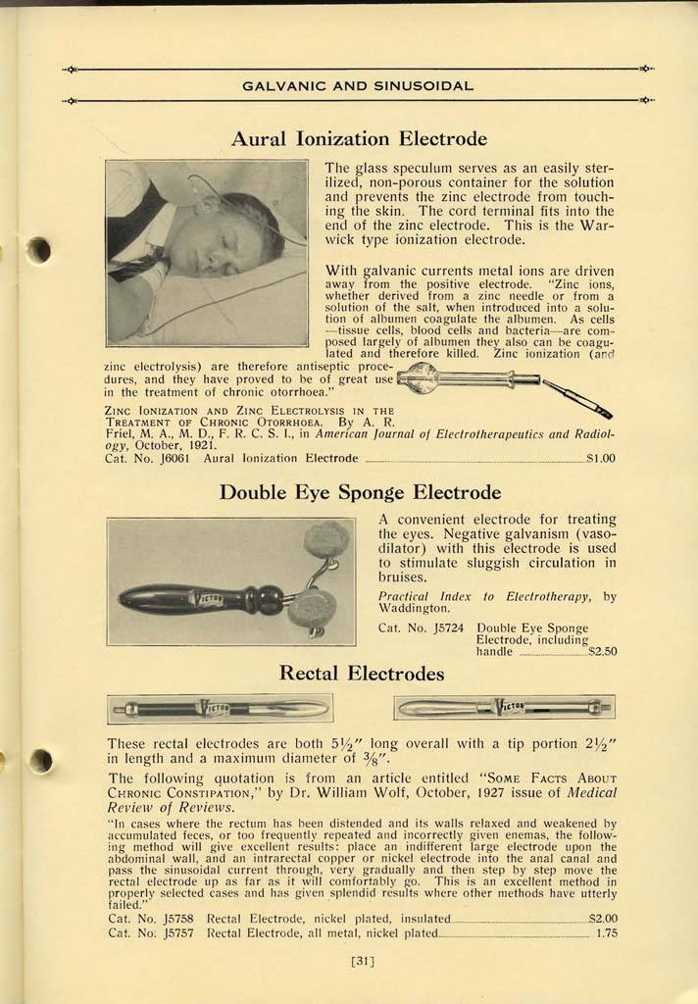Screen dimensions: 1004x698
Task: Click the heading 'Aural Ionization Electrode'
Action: coord(359,139)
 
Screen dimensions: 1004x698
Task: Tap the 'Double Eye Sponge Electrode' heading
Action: coord(360,492)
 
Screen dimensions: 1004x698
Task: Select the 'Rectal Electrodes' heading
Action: coord(361,674)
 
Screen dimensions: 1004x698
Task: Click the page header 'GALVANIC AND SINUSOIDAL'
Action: coord(359,86)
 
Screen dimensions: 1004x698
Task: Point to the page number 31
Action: coord(363,962)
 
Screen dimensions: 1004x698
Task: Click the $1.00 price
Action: coord(600,458)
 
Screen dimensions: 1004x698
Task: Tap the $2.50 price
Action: coord(602,651)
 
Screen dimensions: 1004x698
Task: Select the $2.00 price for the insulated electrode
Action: coord(602,919)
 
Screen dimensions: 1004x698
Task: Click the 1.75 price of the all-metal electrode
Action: coord(606,933)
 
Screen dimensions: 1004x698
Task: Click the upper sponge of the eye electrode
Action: coord(325,540)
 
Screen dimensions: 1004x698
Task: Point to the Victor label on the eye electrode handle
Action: coord(210,598)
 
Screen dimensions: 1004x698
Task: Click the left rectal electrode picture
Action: coord(220,708)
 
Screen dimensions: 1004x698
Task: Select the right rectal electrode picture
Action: coord(504,707)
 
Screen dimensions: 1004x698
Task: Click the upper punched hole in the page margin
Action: coord(38,250)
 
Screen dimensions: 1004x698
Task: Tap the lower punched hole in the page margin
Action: coord(39,761)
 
